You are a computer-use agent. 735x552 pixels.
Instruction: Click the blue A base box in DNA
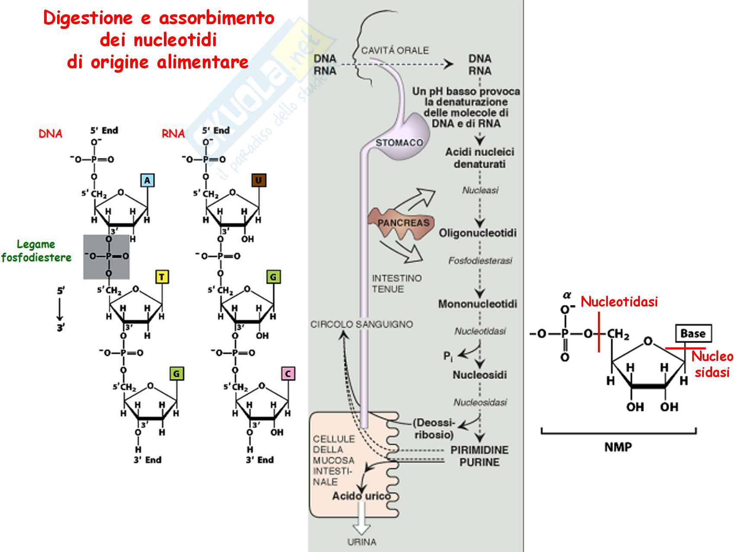pos(147,180)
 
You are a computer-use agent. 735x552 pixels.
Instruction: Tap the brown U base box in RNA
pos(259,180)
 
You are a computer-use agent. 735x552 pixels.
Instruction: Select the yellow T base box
pos(162,277)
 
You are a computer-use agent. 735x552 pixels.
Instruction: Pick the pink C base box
pos(288,373)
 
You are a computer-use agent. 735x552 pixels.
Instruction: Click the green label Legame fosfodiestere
pos(36,251)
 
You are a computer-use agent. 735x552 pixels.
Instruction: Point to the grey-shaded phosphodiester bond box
pos(106,257)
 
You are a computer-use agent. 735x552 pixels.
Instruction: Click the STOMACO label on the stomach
pos(399,143)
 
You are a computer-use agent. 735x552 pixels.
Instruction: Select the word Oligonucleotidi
pos(478,233)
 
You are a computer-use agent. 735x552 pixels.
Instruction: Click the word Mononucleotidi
pos(478,304)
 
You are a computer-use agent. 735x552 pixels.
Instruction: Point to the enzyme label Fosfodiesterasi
pos(480,261)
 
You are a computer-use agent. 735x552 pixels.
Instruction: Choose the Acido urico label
pos(361,496)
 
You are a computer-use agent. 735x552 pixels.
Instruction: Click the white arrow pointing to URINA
pos(361,523)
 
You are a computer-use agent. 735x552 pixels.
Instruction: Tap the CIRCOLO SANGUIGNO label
pos(361,324)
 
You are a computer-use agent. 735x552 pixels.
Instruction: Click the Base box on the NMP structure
pos(693,333)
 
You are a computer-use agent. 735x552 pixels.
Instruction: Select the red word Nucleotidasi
pos(619,301)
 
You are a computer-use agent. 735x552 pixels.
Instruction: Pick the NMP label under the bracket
pos(618,447)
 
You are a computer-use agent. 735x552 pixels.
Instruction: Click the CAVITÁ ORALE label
pos(395,51)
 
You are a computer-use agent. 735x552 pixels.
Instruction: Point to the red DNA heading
pos(51,134)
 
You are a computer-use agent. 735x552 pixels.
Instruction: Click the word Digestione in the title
pos(88,18)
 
